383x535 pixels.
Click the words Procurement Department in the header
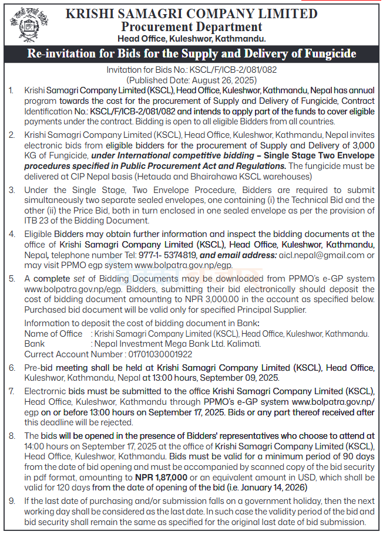tap(192, 27)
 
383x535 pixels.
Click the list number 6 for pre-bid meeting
tap(12, 368)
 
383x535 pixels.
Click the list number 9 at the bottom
tap(12, 502)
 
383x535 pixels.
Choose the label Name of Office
tap(53, 334)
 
